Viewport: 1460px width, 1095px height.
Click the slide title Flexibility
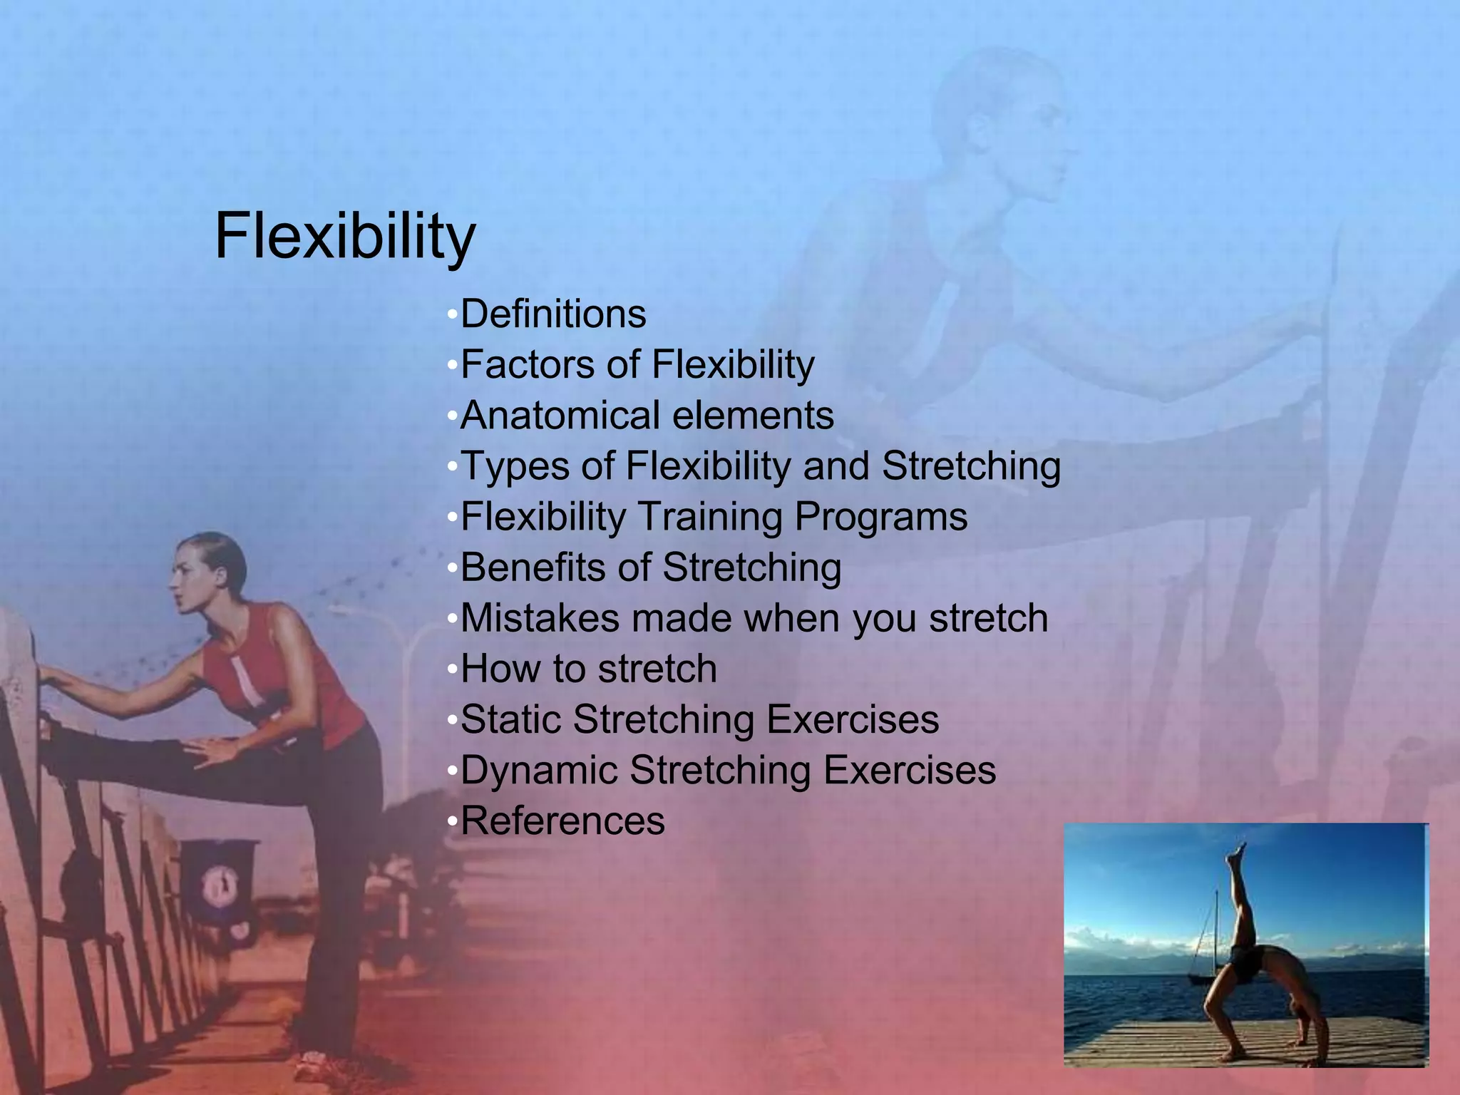point(345,237)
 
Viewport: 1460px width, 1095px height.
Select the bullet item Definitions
point(553,314)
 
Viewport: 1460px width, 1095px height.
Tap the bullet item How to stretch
point(588,669)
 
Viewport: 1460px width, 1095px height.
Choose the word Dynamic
point(538,771)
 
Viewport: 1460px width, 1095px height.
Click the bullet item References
point(562,821)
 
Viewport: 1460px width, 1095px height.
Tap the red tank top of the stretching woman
point(285,677)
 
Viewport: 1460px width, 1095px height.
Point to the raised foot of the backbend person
point(1241,853)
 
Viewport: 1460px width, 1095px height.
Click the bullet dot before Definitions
point(451,315)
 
